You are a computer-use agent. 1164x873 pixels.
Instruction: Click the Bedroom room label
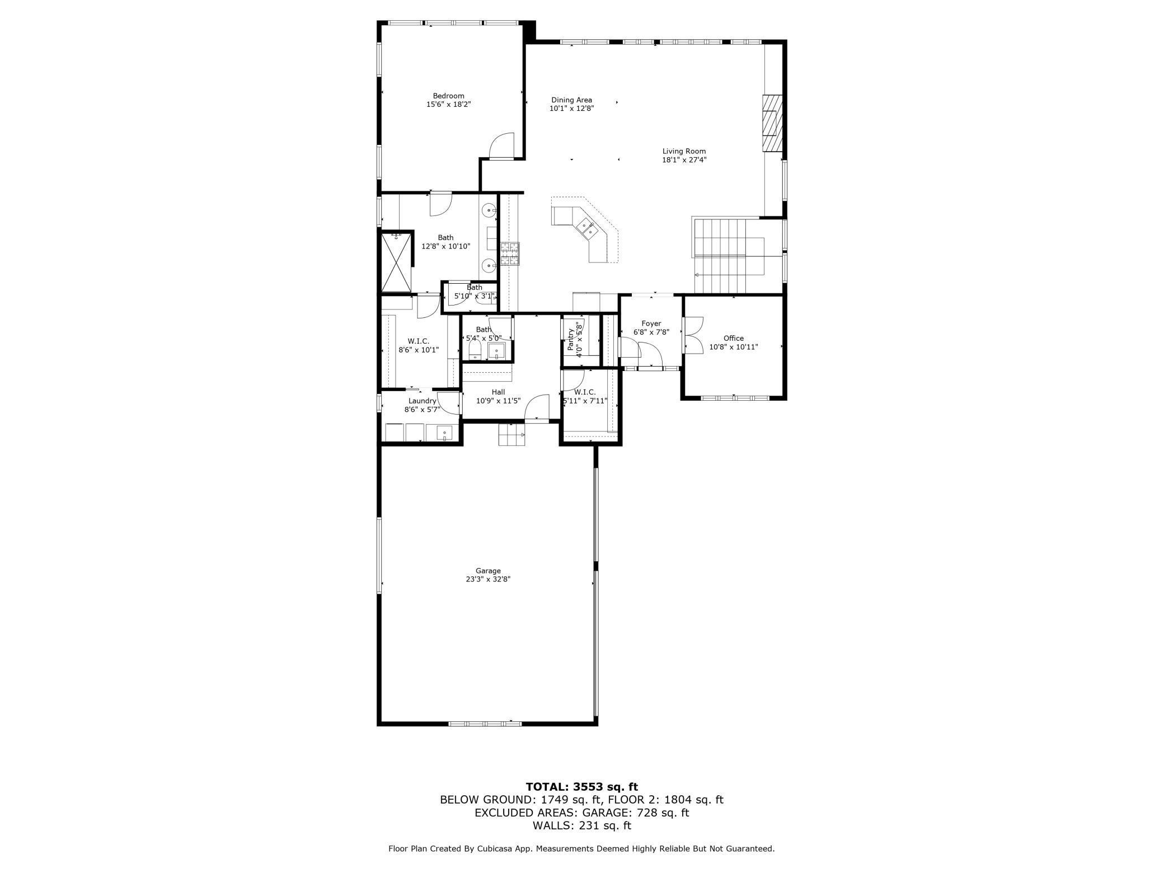tap(448, 96)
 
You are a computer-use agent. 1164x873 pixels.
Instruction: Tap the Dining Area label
tap(571, 100)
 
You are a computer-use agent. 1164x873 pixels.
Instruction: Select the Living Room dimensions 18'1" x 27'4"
tap(684, 160)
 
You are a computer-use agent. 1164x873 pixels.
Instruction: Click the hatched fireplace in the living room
tap(772, 123)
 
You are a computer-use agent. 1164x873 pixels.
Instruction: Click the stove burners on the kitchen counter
tap(510, 253)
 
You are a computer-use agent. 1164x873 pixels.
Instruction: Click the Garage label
tap(488, 571)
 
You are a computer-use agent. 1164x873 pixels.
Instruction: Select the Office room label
tap(733, 338)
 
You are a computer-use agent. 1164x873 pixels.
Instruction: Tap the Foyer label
tap(651, 323)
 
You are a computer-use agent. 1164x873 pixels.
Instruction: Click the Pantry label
tap(570, 340)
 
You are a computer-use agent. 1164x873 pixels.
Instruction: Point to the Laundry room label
tap(422, 401)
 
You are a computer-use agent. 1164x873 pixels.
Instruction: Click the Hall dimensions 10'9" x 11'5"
tap(498, 401)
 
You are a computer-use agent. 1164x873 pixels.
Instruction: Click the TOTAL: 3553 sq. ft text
tap(581, 787)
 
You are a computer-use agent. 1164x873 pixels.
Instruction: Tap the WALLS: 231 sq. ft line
tap(581, 825)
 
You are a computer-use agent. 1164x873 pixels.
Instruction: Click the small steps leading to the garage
tap(512, 434)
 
